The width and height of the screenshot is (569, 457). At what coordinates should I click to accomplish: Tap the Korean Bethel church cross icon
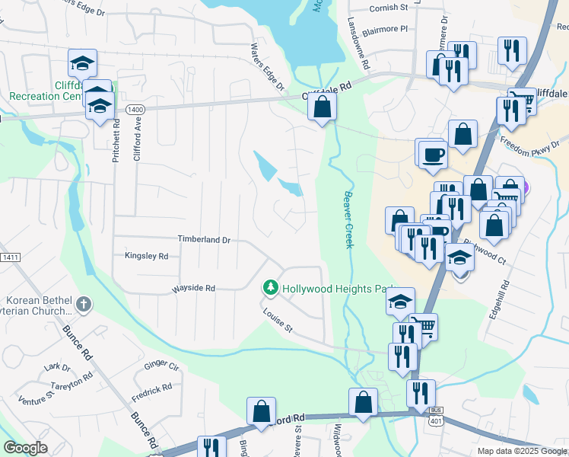click(84, 305)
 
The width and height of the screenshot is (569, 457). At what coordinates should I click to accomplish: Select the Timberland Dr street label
click(204, 239)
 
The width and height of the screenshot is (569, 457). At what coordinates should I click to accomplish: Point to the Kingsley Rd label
click(146, 257)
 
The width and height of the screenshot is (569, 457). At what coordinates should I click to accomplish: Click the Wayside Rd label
click(193, 289)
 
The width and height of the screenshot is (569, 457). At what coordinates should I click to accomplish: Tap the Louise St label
click(278, 321)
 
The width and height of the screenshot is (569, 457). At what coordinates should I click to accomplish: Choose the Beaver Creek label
click(348, 219)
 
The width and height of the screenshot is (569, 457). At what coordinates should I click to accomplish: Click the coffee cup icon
click(433, 155)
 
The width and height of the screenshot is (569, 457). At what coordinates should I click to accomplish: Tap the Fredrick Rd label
click(151, 390)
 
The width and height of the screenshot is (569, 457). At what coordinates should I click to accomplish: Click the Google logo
click(26, 448)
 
